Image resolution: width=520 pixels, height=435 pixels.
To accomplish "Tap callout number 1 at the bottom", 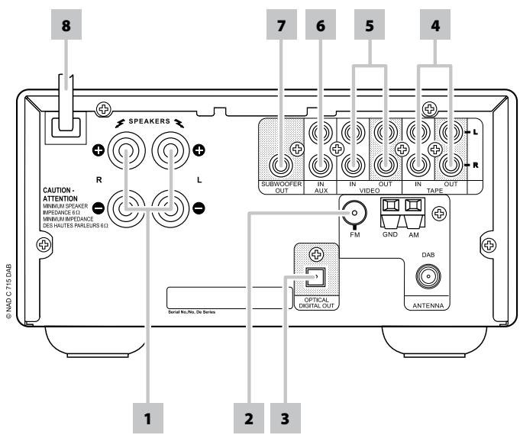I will pos(147,417).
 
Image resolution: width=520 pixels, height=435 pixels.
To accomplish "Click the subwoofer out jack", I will pos(282,163).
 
